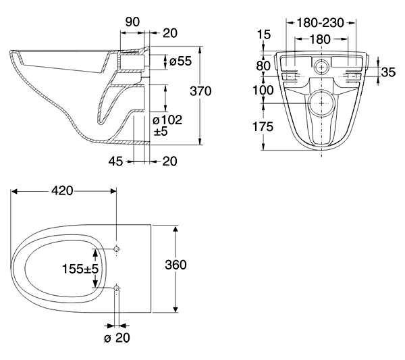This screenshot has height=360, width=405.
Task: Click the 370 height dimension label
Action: point(200,91)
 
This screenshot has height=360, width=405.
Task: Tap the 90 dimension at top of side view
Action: point(132,22)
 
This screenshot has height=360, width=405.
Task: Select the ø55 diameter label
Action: point(180,61)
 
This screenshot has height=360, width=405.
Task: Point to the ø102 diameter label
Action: point(167,120)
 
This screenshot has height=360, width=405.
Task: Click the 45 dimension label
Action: point(115,161)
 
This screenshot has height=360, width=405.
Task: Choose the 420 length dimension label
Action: point(62,191)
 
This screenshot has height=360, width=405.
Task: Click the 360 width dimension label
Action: point(175,265)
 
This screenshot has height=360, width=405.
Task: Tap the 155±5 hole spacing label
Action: point(80,269)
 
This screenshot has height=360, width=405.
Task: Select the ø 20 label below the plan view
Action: point(117,338)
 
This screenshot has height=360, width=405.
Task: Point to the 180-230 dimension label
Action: point(320,23)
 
